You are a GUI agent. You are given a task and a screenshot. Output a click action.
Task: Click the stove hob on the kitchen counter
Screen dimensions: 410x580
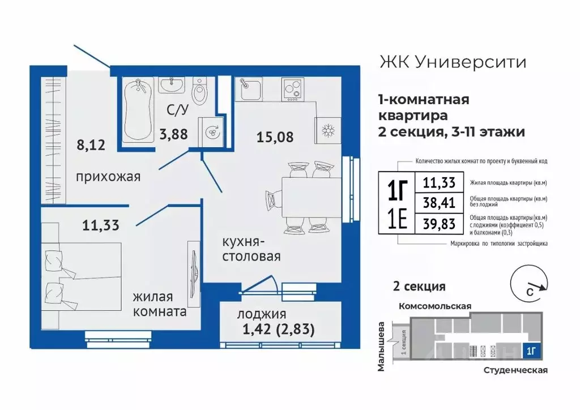(x=293, y=89)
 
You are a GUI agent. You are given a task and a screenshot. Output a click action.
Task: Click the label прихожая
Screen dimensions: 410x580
(x=108, y=177)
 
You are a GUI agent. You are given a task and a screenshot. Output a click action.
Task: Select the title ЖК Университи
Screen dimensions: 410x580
(x=451, y=61)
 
